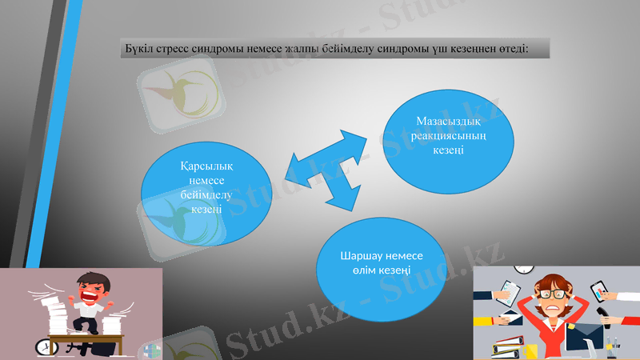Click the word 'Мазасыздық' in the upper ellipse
[x=449, y=122]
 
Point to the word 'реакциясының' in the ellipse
[x=449, y=136]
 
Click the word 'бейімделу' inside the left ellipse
[x=206, y=195]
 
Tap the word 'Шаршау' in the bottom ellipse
[x=362, y=256]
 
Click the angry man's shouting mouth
[x=87, y=294]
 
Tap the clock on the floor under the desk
[x=43, y=346]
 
